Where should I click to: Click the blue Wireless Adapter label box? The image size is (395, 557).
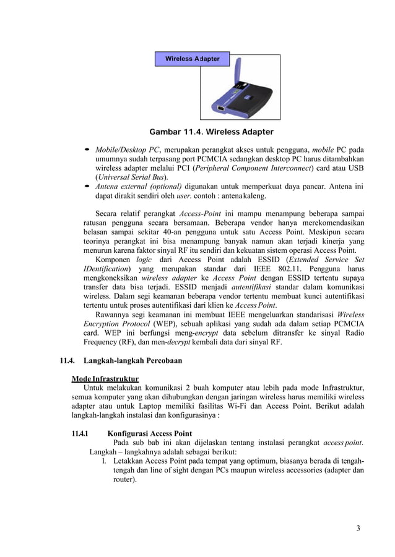click(192, 59)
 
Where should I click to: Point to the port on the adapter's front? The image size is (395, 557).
click(221, 110)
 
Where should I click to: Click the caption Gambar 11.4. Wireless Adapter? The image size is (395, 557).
click(211, 132)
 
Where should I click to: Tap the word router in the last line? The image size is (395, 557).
click(123, 478)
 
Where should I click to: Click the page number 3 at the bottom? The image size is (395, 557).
click(358, 528)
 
